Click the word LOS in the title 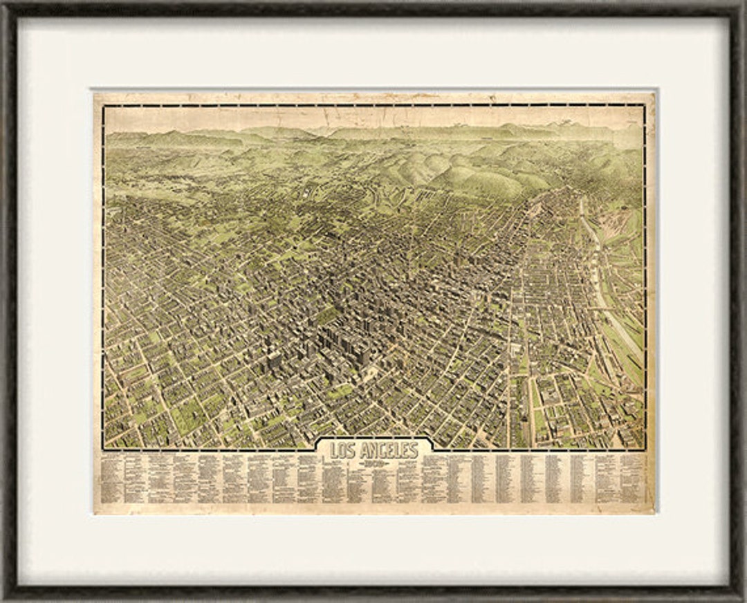click(x=341, y=451)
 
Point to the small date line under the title click(x=374, y=463)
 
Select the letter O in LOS click(x=341, y=451)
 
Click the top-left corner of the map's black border click(x=103, y=105)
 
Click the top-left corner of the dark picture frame click(x=3, y=3)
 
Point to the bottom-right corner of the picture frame click(x=743, y=599)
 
